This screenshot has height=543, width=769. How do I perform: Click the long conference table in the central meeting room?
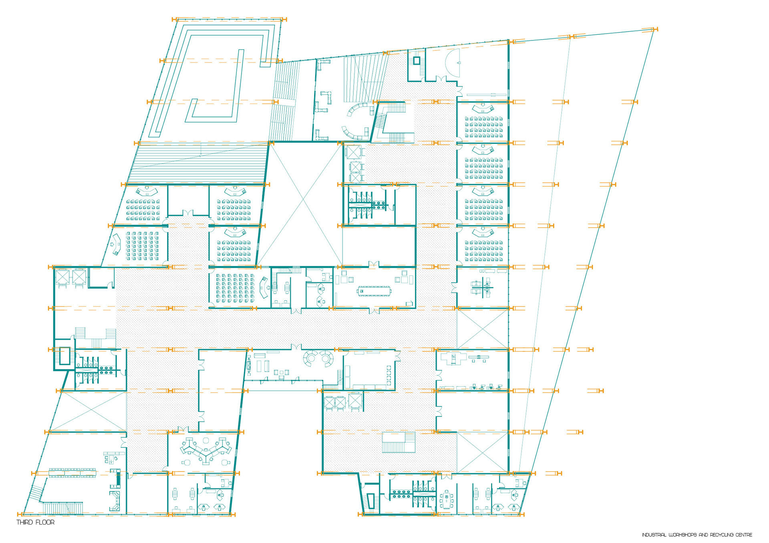coord(374,291)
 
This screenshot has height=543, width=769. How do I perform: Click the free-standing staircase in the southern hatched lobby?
coord(399,442)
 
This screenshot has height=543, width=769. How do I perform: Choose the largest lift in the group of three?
coord(356,401)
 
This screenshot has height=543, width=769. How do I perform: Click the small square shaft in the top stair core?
coord(417,61)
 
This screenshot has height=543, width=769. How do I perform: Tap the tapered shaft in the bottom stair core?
coord(370,501)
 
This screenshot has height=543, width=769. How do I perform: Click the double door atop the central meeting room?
coord(374,264)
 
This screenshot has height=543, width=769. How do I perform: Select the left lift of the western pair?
coord(63,277)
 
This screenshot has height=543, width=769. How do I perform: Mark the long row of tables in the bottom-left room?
coord(72,473)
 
